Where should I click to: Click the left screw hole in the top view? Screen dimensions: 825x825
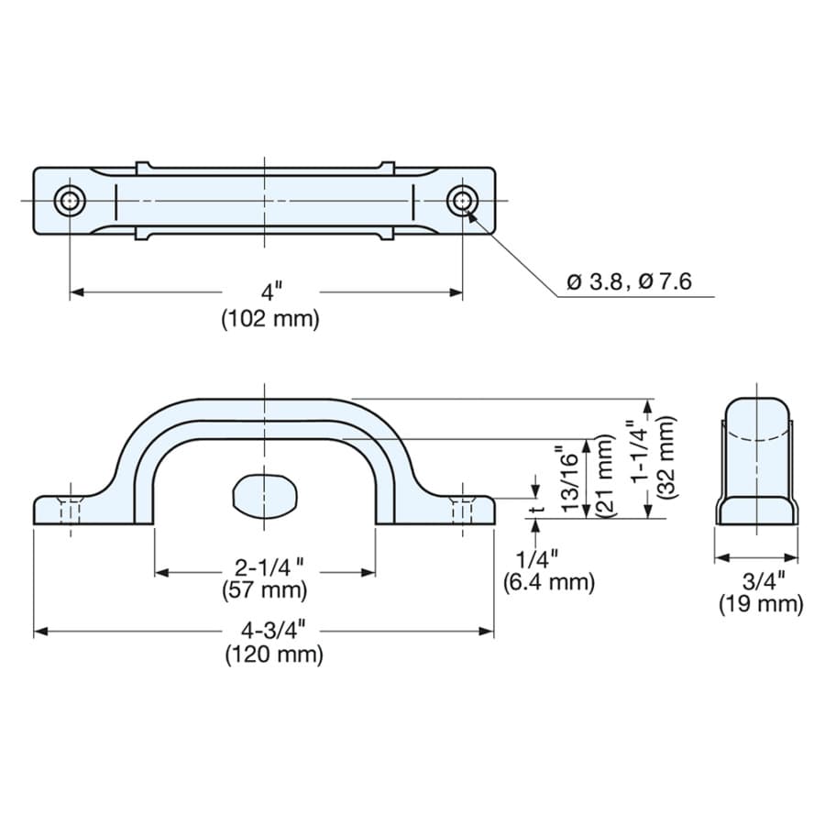[x=70, y=201]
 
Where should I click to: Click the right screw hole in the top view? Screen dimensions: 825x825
[x=463, y=201]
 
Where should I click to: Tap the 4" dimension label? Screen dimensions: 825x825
[x=271, y=291]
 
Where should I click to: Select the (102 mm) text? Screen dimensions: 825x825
[x=270, y=319]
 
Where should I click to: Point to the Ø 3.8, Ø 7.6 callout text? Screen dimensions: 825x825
[x=629, y=282]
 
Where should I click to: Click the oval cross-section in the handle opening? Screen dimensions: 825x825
[x=265, y=498]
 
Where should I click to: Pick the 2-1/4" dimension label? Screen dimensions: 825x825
[x=269, y=568]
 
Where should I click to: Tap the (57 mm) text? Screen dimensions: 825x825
[x=265, y=590]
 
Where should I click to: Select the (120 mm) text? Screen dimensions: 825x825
[x=274, y=655]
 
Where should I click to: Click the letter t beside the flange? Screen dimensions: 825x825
[x=537, y=510]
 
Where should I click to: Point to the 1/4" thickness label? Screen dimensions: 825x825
[x=536, y=558]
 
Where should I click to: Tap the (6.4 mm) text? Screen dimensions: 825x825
[x=549, y=582]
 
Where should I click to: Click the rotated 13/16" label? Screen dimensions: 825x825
[x=570, y=478]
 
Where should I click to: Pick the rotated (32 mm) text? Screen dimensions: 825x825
[x=666, y=456]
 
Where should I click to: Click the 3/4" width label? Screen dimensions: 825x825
[x=764, y=581]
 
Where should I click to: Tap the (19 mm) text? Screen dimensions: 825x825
[x=762, y=605]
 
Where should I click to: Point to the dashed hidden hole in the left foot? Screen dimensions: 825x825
[x=70, y=511]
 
